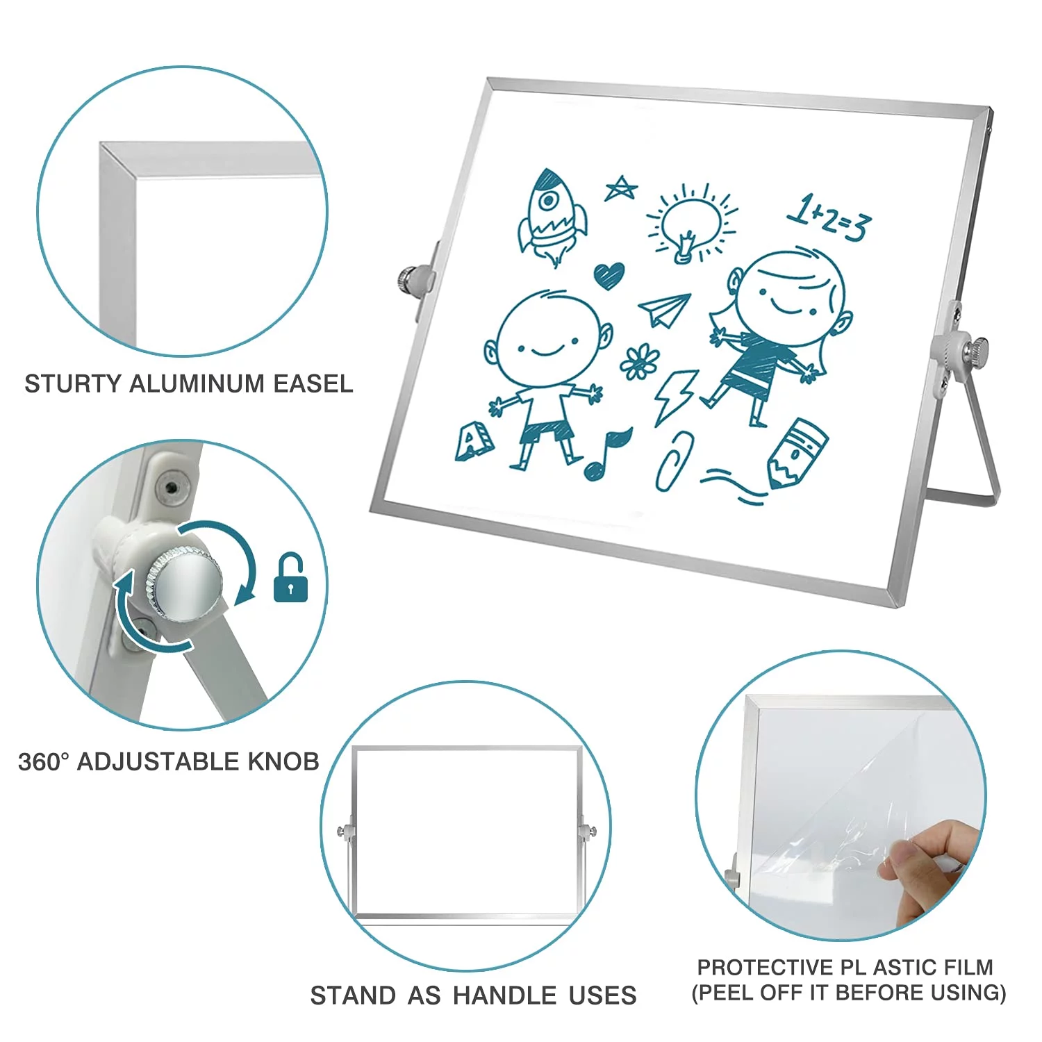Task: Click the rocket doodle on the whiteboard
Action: point(552,215)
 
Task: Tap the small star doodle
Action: point(620,188)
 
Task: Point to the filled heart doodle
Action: point(609,275)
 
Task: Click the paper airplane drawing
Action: point(665,309)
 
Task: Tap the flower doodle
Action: point(639,363)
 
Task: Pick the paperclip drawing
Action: point(675,462)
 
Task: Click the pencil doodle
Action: point(797,452)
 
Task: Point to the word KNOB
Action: point(283,761)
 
